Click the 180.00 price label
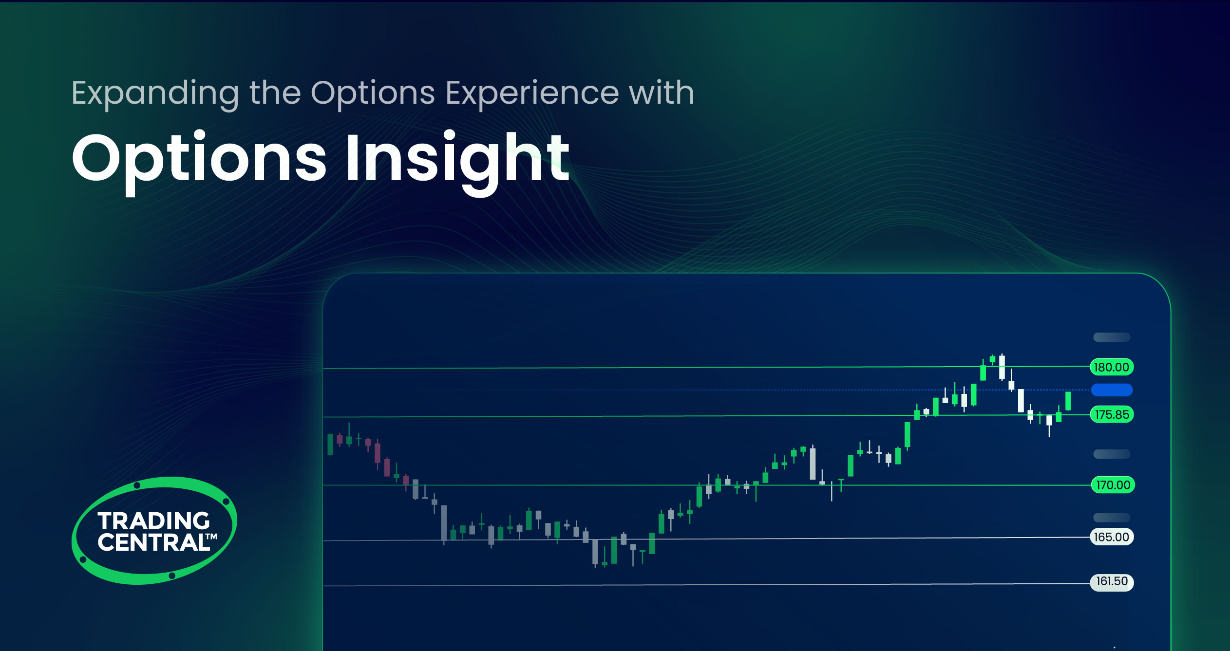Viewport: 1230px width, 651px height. click(1111, 367)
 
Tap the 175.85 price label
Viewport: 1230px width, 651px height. click(1111, 415)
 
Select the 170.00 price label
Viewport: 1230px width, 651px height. click(1113, 485)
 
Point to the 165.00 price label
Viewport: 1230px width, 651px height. click(1111, 537)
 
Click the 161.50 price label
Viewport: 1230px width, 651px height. click(1111, 582)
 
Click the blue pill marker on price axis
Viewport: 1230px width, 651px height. click(1112, 390)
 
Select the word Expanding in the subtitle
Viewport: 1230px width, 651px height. click(155, 93)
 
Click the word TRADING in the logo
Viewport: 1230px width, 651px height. click(153, 521)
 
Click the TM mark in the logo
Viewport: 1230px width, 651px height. click(211, 537)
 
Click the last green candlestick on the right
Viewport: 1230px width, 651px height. click(1068, 401)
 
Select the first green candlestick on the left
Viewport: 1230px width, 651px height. click(330, 445)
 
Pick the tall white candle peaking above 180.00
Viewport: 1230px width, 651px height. click(1002, 367)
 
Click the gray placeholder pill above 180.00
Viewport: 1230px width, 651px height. click(1111, 337)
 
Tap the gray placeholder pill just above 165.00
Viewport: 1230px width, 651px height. click(1111, 517)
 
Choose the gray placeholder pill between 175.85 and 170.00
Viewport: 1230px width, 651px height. click(1111, 454)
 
